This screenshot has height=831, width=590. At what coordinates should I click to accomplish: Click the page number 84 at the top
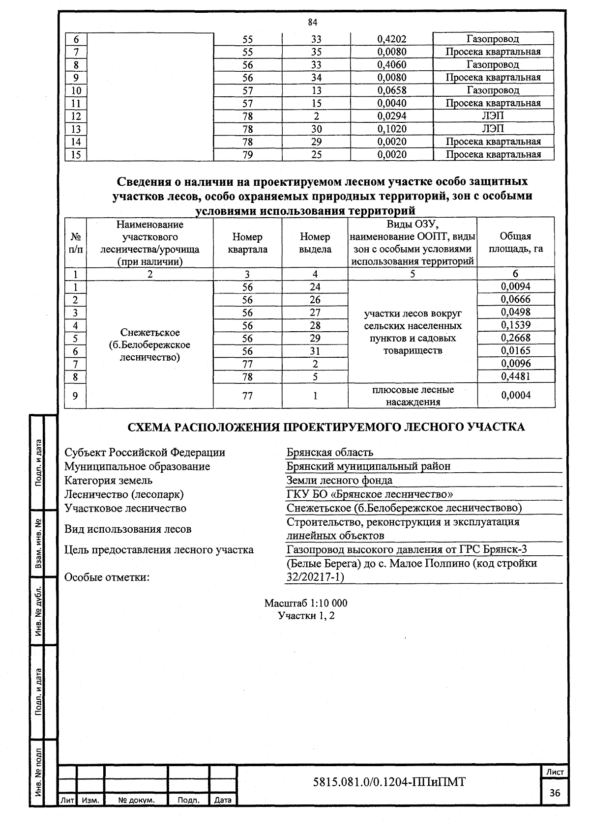(x=313, y=22)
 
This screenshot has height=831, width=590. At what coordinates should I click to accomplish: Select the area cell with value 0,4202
(x=391, y=39)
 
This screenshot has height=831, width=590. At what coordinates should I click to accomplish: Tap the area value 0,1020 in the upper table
(x=391, y=129)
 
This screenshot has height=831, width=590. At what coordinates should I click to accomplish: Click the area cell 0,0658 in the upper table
(x=391, y=90)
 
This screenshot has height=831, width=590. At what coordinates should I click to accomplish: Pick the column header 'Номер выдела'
(x=315, y=243)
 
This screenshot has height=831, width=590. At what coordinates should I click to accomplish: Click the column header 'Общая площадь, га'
(x=515, y=243)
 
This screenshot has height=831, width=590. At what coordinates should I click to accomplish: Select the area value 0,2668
(x=515, y=338)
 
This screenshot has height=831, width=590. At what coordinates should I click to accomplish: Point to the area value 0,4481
(x=515, y=376)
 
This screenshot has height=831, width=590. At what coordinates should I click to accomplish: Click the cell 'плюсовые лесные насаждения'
(x=413, y=396)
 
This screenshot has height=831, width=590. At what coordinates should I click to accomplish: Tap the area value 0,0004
(x=515, y=396)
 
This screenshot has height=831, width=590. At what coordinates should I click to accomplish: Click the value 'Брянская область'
(x=330, y=453)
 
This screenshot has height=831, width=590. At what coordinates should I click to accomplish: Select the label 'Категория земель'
(x=109, y=480)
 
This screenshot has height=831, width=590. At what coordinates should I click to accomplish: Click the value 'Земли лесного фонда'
(x=339, y=480)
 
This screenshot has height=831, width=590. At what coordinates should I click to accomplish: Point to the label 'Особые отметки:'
(x=107, y=577)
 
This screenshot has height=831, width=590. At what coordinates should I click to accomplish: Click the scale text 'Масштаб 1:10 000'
(x=306, y=603)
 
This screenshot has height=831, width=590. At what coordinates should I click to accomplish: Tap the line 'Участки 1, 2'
(x=306, y=616)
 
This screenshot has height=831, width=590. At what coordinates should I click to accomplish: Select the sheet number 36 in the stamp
(x=555, y=793)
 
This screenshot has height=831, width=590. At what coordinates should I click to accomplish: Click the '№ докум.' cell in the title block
(x=136, y=800)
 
